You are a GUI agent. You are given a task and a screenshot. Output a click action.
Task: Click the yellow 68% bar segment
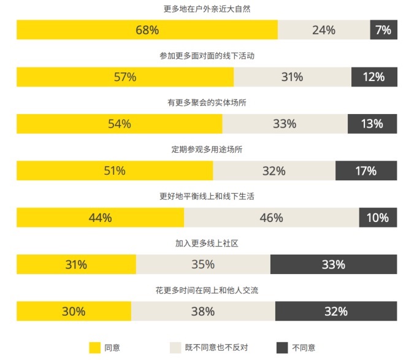(x=147, y=30)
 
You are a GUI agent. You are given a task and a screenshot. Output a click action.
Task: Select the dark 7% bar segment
(x=383, y=30)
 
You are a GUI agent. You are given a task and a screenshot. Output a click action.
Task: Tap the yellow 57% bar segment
(x=125, y=77)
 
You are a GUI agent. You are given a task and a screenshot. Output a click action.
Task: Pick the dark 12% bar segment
(x=374, y=77)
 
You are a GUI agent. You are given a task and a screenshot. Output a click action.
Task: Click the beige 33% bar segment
(x=285, y=124)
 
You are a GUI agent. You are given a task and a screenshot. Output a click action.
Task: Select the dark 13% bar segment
(x=372, y=124)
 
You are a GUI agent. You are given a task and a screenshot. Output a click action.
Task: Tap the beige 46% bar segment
(x=271, y=218)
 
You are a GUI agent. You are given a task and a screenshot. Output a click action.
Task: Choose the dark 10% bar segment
(x=378, y=218)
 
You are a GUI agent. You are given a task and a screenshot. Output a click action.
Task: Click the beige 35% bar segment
(x=203, y=265)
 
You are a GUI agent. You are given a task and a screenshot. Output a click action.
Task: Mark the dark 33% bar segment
(x=334, y=265)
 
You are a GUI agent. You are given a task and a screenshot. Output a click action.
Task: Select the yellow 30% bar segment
(x=74, y=312)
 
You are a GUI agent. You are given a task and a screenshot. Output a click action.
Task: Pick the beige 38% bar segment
(x=203, y=312)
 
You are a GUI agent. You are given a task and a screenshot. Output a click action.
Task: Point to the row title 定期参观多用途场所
(x=207, y=150)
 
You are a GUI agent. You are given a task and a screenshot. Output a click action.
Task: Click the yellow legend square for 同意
(x=94, y=348)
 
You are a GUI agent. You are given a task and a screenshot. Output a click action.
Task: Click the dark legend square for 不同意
(x=282, y=348)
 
